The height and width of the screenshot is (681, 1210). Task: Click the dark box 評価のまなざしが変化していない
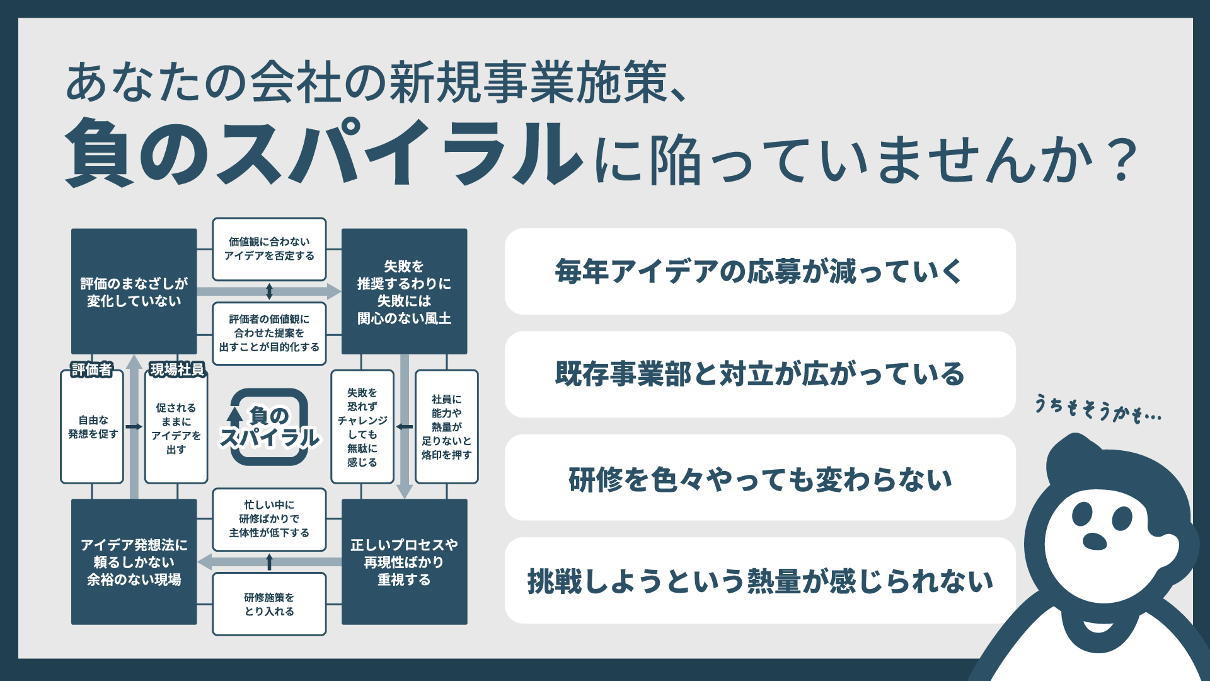(134, 291)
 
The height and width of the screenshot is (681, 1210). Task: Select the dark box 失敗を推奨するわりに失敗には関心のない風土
(404, 291)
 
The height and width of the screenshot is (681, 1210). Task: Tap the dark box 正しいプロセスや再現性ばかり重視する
(404, 562)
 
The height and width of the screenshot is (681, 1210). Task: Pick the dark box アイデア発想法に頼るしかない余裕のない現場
(134, 562)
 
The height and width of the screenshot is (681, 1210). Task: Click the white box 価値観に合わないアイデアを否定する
(269, 249)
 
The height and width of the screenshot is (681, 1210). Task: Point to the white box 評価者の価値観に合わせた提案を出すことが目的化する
(269, 333)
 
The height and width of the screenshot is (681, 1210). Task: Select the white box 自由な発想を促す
(92, 427)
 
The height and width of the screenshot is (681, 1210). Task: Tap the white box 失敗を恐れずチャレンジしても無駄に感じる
(362, 427)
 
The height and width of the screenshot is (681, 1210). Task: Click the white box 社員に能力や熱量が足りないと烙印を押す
(446, 427)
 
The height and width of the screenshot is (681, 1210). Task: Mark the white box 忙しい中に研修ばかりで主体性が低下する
(269, 518)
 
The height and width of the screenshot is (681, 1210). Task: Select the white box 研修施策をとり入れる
(269, 603)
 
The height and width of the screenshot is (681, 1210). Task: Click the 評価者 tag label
(92, 370)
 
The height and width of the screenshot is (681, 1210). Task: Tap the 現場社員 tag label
(177, 370)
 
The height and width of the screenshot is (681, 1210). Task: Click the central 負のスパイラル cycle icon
(269, 427)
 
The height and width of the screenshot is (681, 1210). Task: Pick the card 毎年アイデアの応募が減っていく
(759, 272)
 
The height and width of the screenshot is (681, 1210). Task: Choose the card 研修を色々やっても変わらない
(759, 478)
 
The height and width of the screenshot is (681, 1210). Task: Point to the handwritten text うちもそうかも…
(1097, 409)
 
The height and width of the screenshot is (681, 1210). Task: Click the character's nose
(1095, 541)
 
